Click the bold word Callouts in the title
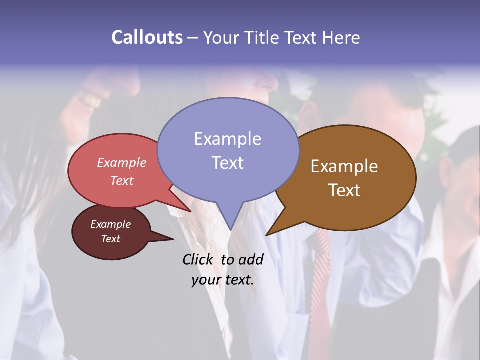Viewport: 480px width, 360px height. click(147, 37)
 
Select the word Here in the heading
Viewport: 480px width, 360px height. click(340, 37)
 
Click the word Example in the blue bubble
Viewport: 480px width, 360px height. click(227, 139)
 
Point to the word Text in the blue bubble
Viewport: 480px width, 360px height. click(227, 163)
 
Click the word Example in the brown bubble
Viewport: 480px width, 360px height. click(344, 166)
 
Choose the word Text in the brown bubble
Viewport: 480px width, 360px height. click(344, 190)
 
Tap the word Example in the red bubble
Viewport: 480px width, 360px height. click(122, 163)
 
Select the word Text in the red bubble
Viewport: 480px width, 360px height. click(122, 180)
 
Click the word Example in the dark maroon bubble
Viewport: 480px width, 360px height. click(111, 224)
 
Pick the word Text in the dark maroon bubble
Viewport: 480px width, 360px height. click(111, 239)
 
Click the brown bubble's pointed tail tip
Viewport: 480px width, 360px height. click(266, 235)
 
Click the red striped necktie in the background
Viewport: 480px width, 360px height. click(320, 280)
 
